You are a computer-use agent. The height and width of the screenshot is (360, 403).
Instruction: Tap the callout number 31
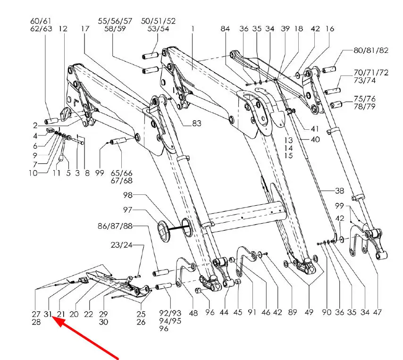pos(48,314)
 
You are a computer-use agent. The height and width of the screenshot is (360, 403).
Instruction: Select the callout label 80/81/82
pos(371,50)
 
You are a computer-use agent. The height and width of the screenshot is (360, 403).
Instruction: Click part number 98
pos(128,195)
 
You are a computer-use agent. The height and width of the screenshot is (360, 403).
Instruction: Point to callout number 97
pos(127,210)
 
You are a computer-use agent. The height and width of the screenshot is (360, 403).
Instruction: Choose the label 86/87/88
pos(115,226)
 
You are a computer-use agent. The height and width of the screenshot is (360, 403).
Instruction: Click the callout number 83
pos(197,123)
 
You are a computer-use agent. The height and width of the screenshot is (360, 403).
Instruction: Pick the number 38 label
pos(339,191)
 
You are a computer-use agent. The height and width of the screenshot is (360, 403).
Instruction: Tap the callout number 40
pos(315,140)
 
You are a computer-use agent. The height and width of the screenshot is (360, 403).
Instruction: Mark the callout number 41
pos(314,128)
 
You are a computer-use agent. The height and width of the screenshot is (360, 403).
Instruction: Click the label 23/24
pos(122,245)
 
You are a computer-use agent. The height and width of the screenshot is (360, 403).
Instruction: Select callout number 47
pos(377,312)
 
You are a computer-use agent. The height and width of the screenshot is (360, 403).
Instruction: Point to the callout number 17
pos(85,28)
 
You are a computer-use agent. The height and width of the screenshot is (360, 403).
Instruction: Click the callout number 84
pos(225,28)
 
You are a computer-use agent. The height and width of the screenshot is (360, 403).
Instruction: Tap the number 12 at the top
pos(63,28)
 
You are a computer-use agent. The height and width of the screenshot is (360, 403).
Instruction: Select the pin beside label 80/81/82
pos(329,69)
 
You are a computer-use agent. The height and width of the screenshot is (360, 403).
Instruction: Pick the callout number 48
pos(193,313)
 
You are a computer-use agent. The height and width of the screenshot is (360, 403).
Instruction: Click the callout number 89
pos(293,312)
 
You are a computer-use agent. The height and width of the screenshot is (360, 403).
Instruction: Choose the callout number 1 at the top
pos(193,28)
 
